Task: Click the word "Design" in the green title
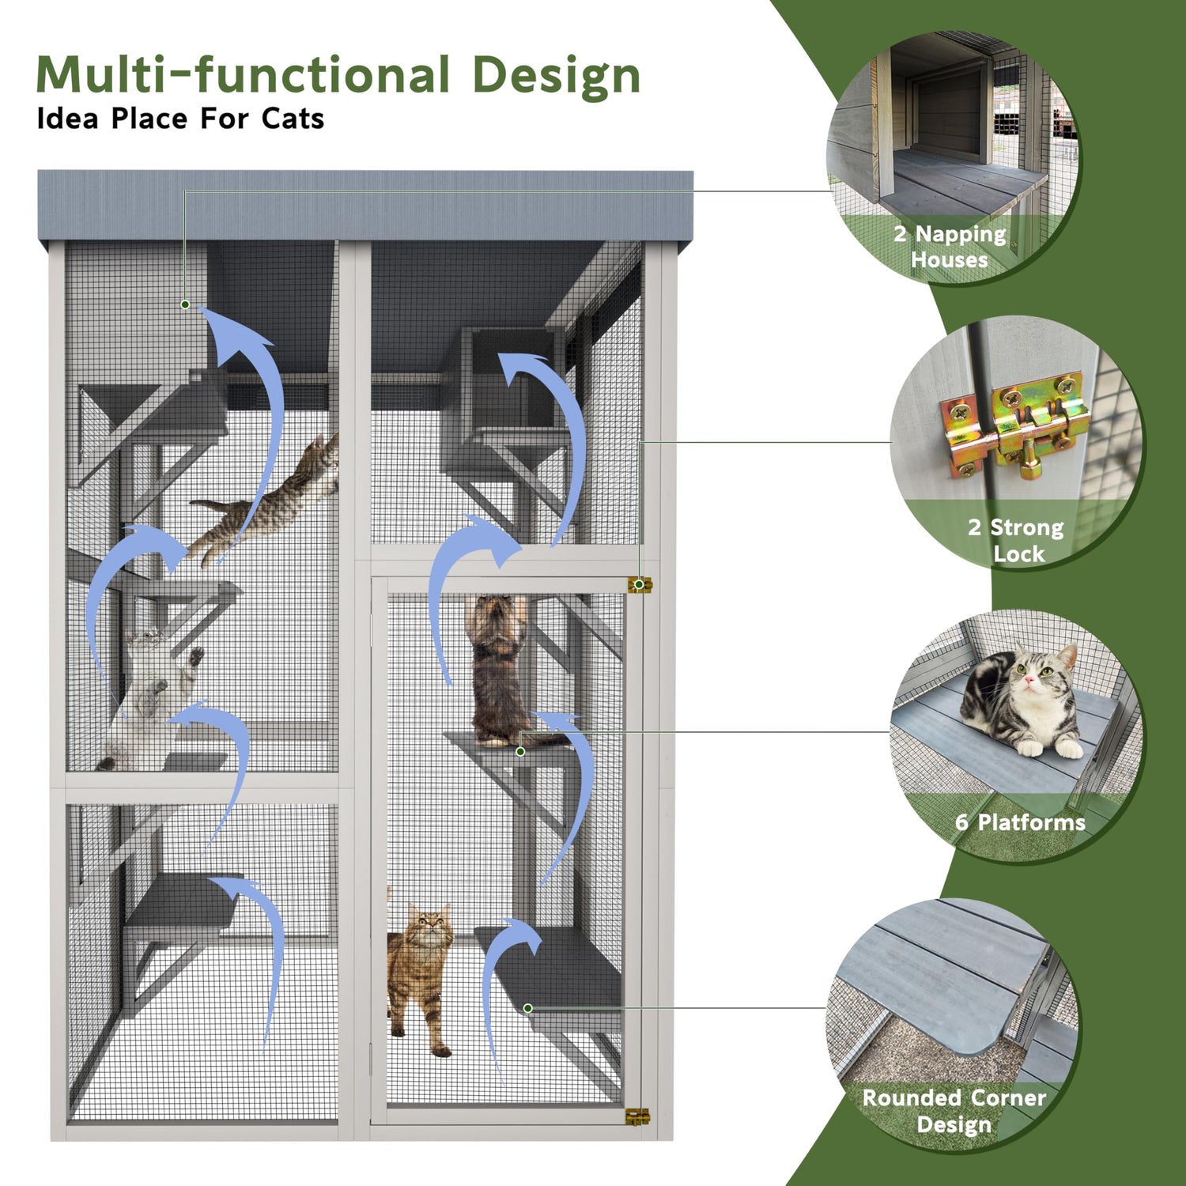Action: (x=556, y=76)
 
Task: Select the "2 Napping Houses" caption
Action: (x=950, y=246)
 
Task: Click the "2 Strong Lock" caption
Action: (x=1017, y=539)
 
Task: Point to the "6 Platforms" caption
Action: (x=1020, y=822)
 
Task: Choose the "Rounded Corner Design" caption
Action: (x=954, y=1110)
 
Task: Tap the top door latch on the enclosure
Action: (x=639, y=585)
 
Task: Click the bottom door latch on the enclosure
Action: (x=636, y=1116)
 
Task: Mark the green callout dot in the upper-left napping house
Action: (x=185, y=304)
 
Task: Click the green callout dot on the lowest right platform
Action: (x=528, y=1008)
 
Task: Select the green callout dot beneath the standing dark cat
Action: (x=520, y=751)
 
